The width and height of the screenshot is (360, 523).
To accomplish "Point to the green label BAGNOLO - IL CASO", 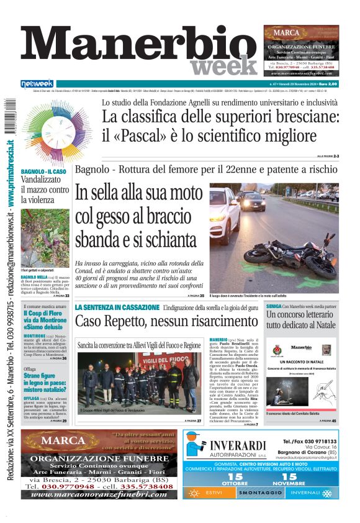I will coord(44,171).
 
